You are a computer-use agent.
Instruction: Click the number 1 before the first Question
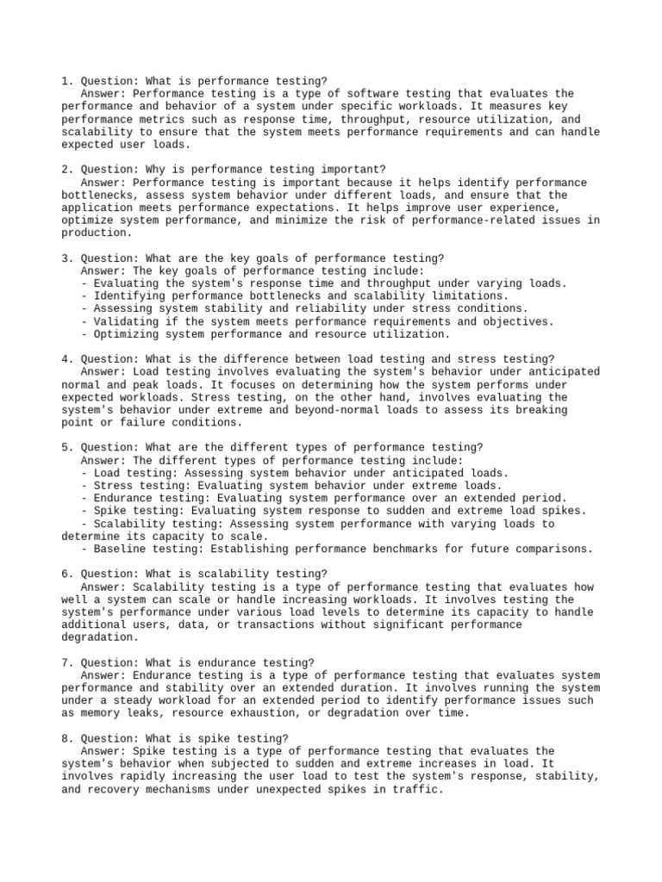(x=66, y=81)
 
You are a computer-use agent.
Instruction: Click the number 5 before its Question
(x=66, y=448)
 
